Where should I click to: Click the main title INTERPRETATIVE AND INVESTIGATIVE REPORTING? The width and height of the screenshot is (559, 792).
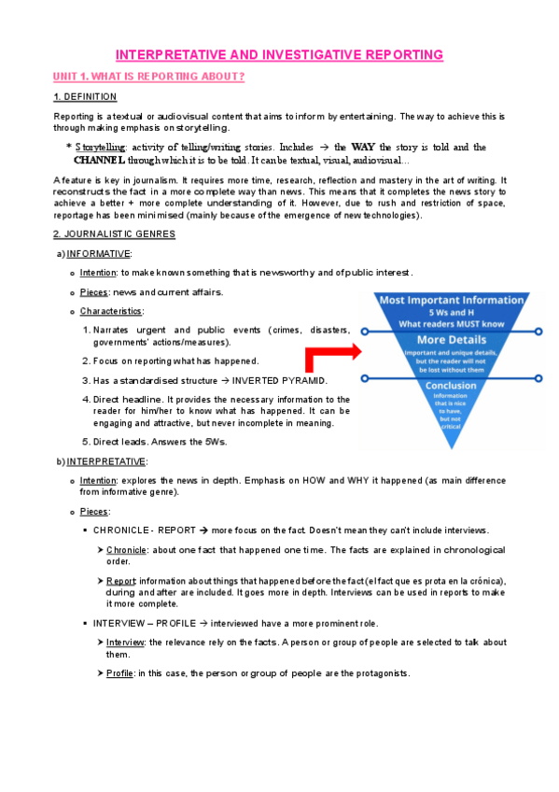pyautogui.click(x=279, y=55)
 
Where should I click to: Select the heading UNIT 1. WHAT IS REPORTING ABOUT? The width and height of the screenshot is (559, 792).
pyautogui.click(x=149, y=76)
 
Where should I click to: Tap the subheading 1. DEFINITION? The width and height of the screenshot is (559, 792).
pyautogui.click(x=85, y=97)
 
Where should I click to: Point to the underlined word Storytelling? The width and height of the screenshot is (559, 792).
pyautogui.click(x=102, y=148)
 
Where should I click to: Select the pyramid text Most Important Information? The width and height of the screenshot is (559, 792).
pyautogui.click(x=450, y=300)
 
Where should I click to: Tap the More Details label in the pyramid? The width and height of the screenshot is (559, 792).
pyautogui.click(x=450, y=340)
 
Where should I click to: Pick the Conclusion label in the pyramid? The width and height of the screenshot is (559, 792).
pyautogui.click(x=451, y=385)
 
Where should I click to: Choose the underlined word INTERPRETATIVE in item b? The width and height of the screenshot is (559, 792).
pyautogui.click(x=106, y=461)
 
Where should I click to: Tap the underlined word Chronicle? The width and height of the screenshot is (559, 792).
pyautogui.click(x=126, y=550)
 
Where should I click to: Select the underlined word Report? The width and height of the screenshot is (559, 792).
pyautogui.click(x=120, y=580)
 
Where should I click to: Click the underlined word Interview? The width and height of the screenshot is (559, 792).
pyautogui.click(x=125, y=642)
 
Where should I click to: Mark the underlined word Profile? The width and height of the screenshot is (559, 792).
pyautogui.click(x=119, y=672)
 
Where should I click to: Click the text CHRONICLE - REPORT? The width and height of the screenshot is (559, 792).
pyautogui.click(x=145, y=530)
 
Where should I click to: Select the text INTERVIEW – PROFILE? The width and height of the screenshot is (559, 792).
pyautogui.click(x=146, y=622)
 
